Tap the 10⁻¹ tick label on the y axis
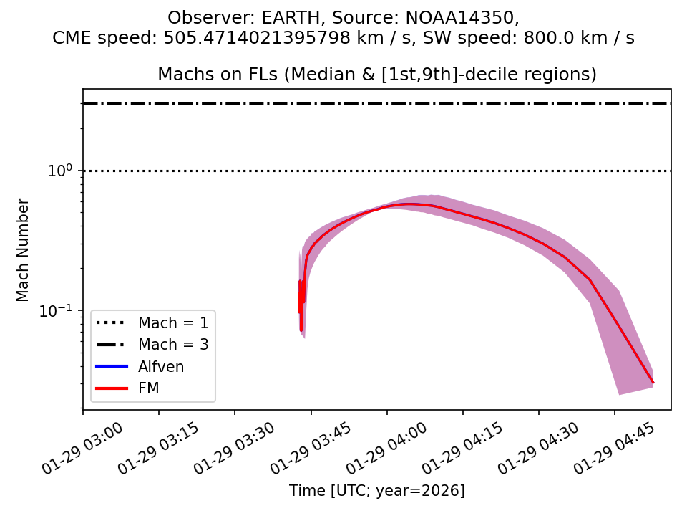(x=60, y=311)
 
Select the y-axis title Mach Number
(x=24, y=250)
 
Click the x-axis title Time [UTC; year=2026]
(x=376, y=491)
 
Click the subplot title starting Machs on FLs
(x=376, y=74)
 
